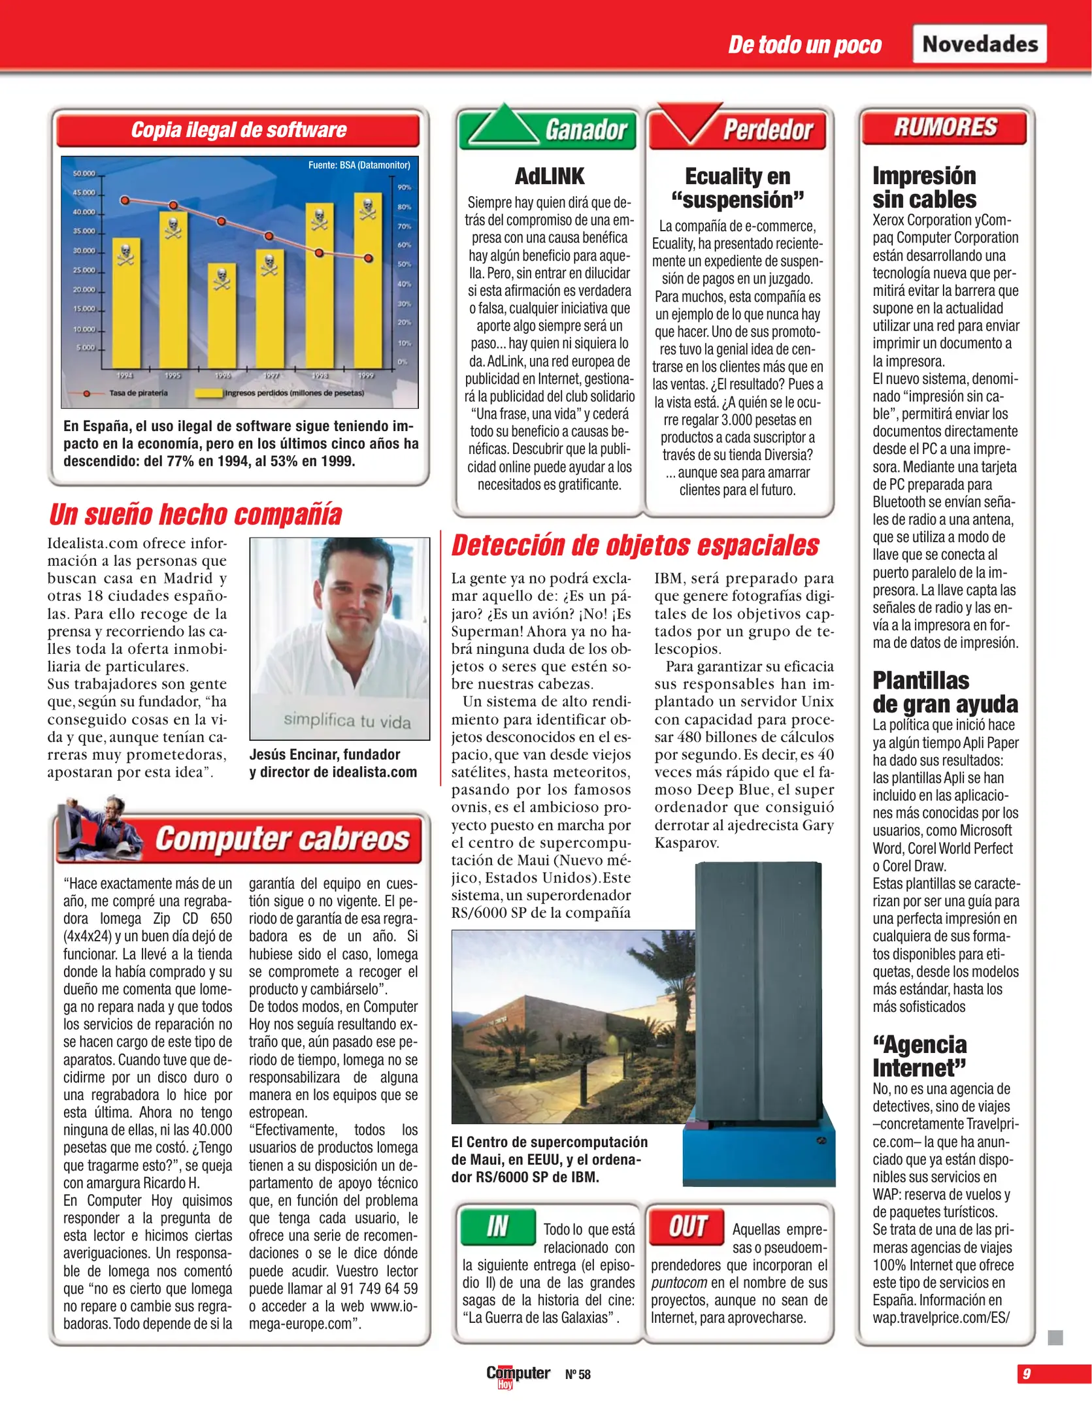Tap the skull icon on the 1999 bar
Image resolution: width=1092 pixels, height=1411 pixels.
click(368, 208)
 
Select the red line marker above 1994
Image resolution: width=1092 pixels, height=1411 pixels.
click(125, 201)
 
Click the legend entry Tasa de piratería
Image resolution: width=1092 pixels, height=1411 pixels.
click(138, 393)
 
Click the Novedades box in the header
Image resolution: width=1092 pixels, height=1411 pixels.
click(979, 44)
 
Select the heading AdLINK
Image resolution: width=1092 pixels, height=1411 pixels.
click(549, 176)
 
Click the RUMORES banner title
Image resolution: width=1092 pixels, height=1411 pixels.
click(945, 127)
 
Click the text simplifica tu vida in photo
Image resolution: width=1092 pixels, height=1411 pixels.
click(346, 721)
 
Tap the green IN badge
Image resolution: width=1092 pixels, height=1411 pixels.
click(497, 1226)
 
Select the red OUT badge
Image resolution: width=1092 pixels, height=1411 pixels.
click(687, 1226)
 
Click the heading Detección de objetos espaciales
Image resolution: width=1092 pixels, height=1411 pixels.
click(635, 546)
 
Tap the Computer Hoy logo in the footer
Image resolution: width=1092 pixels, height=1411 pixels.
click(518, 1374)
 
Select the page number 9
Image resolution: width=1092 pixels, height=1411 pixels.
click(1026, 1374)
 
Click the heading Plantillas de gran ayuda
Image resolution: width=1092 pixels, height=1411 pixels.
click(944, 692)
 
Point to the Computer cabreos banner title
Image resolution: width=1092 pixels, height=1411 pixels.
click(282, 839)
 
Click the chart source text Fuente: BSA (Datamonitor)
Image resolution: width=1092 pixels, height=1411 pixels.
click(359, 165)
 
